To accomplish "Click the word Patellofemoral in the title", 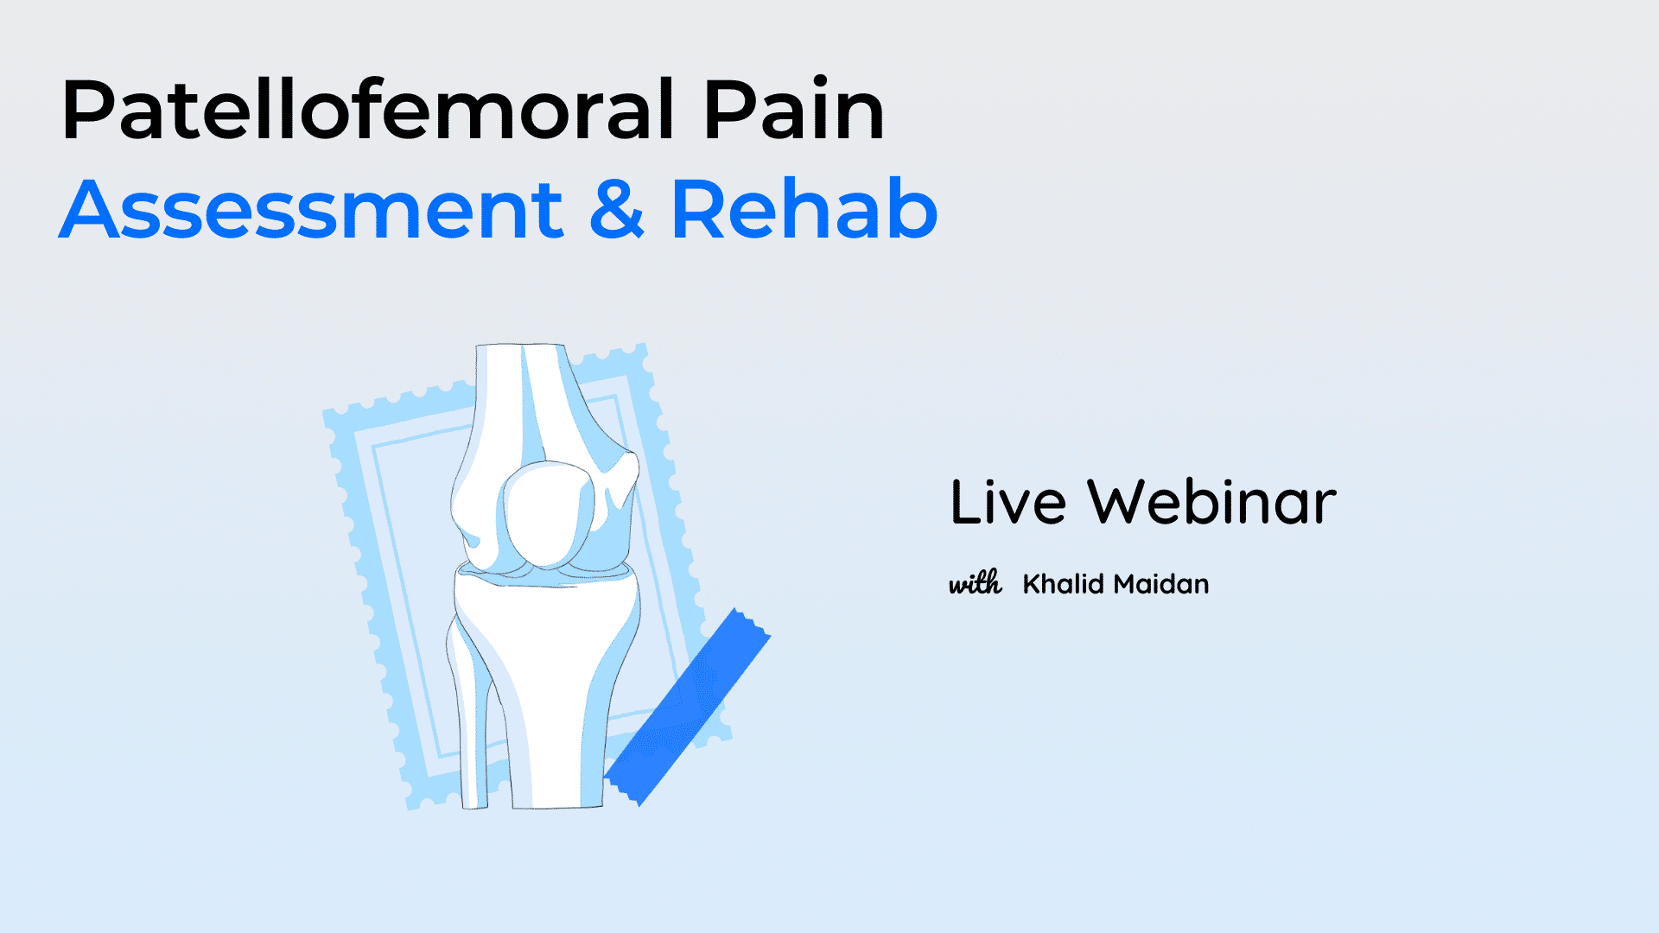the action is [367, 110].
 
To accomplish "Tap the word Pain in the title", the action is [794, 110].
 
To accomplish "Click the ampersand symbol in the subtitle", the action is [617, 209].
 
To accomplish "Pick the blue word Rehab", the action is [804, 209].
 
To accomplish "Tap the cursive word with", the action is [976, 583].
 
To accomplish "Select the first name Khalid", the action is [1064, 584].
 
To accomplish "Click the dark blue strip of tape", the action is [687, 707].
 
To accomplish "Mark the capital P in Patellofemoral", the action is [87, 110].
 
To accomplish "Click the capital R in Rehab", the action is [697, 209].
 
